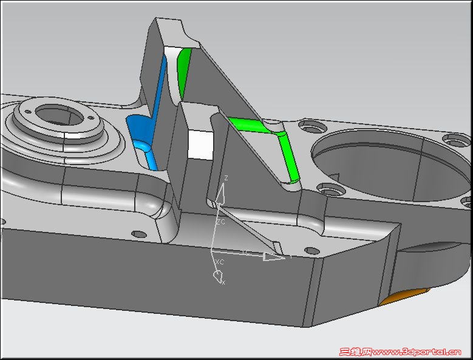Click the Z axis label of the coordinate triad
click(x=226, y=178)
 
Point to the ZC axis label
click(x=221, y=222)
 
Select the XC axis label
click(x=219, y=262)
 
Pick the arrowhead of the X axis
click(x=217, y=277)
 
